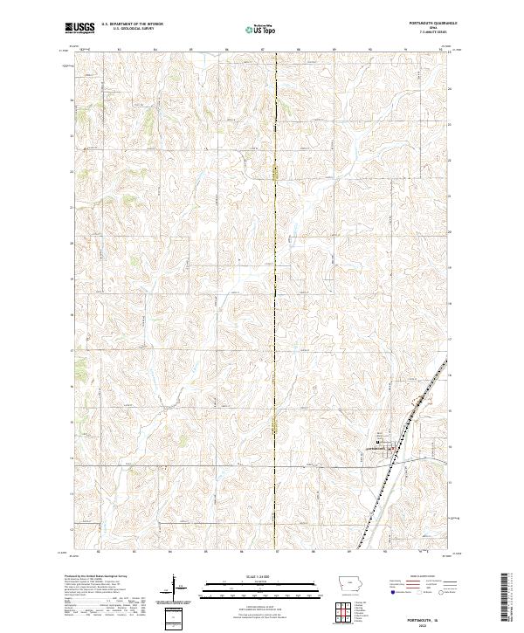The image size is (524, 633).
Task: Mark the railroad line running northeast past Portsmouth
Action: (x=410, y=419)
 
